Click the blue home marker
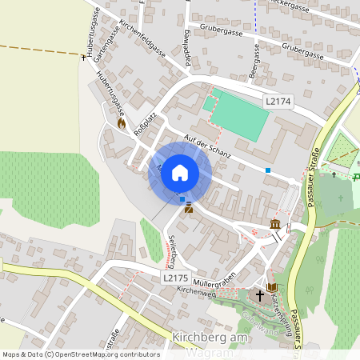coord(180,172)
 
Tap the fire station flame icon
coord(122,123)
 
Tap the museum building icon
coord(275,223)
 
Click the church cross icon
coord(259,295)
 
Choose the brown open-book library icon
coord(273,286)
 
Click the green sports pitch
coord(238,114)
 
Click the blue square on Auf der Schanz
coord(268,170)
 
